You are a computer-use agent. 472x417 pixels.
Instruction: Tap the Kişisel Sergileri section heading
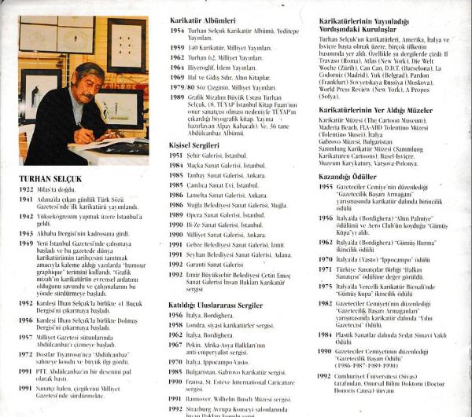[x=194, y=145]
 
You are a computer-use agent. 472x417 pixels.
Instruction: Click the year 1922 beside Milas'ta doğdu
[x=27, y=189]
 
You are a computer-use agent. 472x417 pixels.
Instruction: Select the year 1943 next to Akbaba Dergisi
[x=27, y=234]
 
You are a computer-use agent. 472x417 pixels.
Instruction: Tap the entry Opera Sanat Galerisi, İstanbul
[x=228, y=214]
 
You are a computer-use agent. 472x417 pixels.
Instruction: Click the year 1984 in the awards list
[x=325, y=335]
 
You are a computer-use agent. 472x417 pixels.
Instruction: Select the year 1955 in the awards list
[x=325, y=189]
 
